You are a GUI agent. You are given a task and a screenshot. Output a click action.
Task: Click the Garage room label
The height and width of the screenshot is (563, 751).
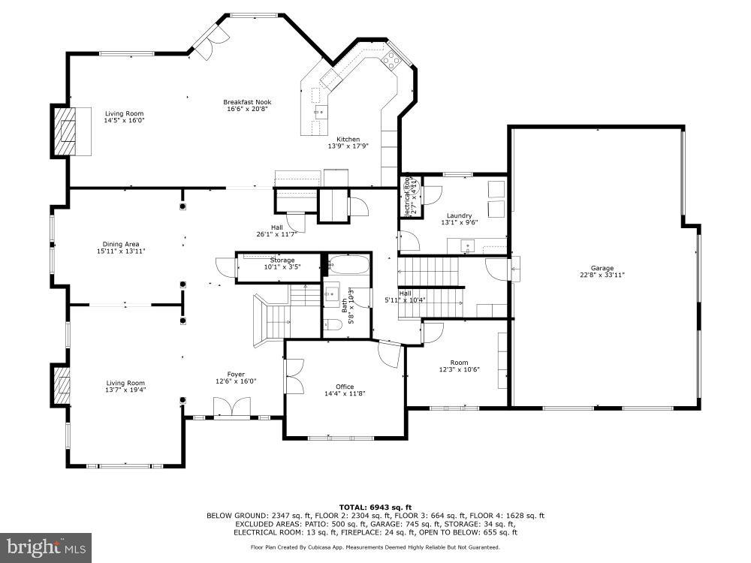[x=602, y=268]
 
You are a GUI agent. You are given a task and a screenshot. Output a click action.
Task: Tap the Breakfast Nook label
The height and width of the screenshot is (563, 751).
[x=247, y=102]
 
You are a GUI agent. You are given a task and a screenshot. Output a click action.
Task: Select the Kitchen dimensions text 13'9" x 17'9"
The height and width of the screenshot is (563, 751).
[x=348, y=146]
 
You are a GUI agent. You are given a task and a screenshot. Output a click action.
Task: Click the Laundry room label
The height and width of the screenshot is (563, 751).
[x=458, y=215]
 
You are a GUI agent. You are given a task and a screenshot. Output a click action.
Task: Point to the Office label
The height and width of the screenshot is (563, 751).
[x=345, y=387]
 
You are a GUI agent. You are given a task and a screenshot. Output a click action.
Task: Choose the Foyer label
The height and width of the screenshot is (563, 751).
[x=236, y=375]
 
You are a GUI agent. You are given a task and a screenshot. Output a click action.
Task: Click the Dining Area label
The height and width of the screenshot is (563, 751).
[x=121, y=244]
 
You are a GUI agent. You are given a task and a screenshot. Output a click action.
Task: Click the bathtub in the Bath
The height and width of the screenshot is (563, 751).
[x=346, y=266]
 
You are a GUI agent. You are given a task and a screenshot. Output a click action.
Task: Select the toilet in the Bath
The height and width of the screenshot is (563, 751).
[x=333, y=324]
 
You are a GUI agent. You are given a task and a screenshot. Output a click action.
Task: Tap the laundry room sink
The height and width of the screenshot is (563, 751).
[x=466, y=245]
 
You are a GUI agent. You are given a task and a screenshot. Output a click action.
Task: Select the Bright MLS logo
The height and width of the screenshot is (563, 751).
[x=46, y=547]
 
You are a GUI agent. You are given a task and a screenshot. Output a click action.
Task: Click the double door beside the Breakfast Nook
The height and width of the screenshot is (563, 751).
[x=207, y=41]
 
